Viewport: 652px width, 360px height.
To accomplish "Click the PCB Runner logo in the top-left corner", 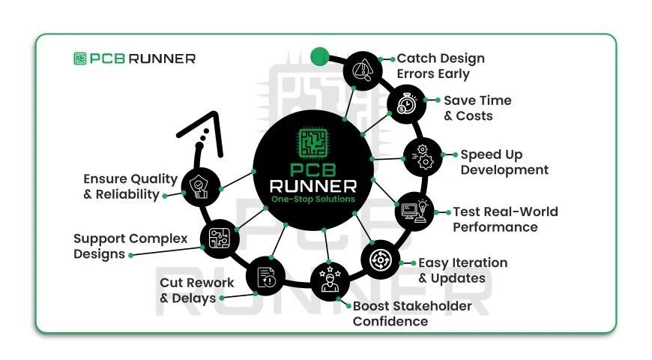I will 134,58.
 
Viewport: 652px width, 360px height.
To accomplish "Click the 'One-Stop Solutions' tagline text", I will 313,199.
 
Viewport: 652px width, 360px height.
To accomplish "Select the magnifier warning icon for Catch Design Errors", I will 363,70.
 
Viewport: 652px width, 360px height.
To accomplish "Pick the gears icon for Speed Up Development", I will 423,156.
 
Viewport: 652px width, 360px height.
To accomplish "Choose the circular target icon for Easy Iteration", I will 381,260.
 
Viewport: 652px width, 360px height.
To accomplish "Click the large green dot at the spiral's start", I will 320,55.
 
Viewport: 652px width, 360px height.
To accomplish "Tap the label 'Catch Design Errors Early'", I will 441,66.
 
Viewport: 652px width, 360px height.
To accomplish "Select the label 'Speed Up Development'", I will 504,162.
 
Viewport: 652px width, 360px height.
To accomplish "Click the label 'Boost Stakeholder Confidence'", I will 412,313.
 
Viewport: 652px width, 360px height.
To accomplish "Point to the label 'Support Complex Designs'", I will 130,246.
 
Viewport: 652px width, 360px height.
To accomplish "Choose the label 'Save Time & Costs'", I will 477,108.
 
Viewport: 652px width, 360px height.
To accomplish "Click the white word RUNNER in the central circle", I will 313,184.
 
